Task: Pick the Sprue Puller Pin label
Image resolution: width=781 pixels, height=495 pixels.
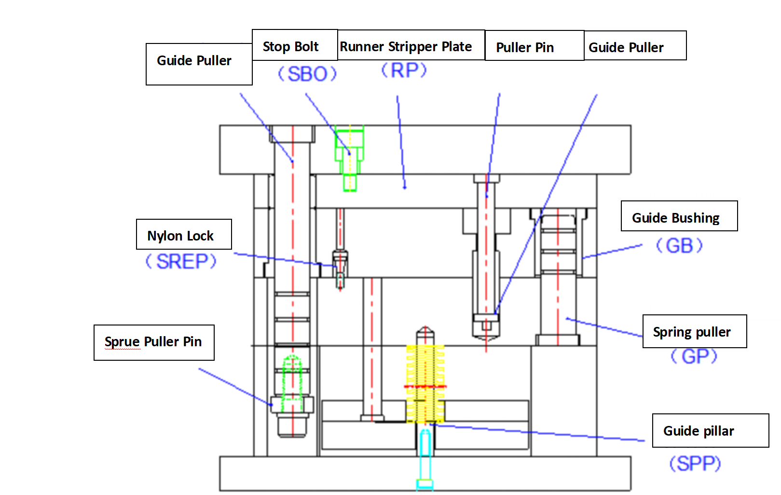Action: [x=154, y=342]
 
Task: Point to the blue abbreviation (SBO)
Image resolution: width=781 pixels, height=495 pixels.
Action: [x=307, y=74]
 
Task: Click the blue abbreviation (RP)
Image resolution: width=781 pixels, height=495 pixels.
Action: [x=404, y=71]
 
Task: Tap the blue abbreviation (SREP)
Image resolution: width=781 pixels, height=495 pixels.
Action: [x=181, y=262]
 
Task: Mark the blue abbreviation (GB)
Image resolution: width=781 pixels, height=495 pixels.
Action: [x=679, y=246]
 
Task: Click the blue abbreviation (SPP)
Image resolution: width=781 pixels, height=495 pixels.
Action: [x=695, y=464]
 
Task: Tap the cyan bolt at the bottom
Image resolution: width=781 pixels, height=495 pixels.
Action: [x=425, y=459]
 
